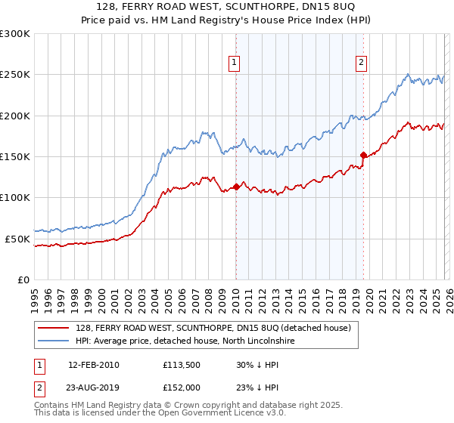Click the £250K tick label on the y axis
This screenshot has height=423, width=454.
click(x=15, y=75)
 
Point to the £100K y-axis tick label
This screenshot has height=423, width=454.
click(x=15, y=197)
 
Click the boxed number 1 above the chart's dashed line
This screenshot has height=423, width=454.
click(x=235, y=63)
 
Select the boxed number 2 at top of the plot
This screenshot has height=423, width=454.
click(x=362, y=63)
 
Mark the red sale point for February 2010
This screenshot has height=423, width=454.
click(x=236, y=186)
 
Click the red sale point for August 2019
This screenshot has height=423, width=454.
click(x=363, y=155)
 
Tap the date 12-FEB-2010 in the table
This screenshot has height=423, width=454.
click(x=93, y=365)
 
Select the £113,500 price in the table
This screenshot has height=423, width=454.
click(x=180, y=365)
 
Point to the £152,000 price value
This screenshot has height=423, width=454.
click(x=180, y=387)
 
